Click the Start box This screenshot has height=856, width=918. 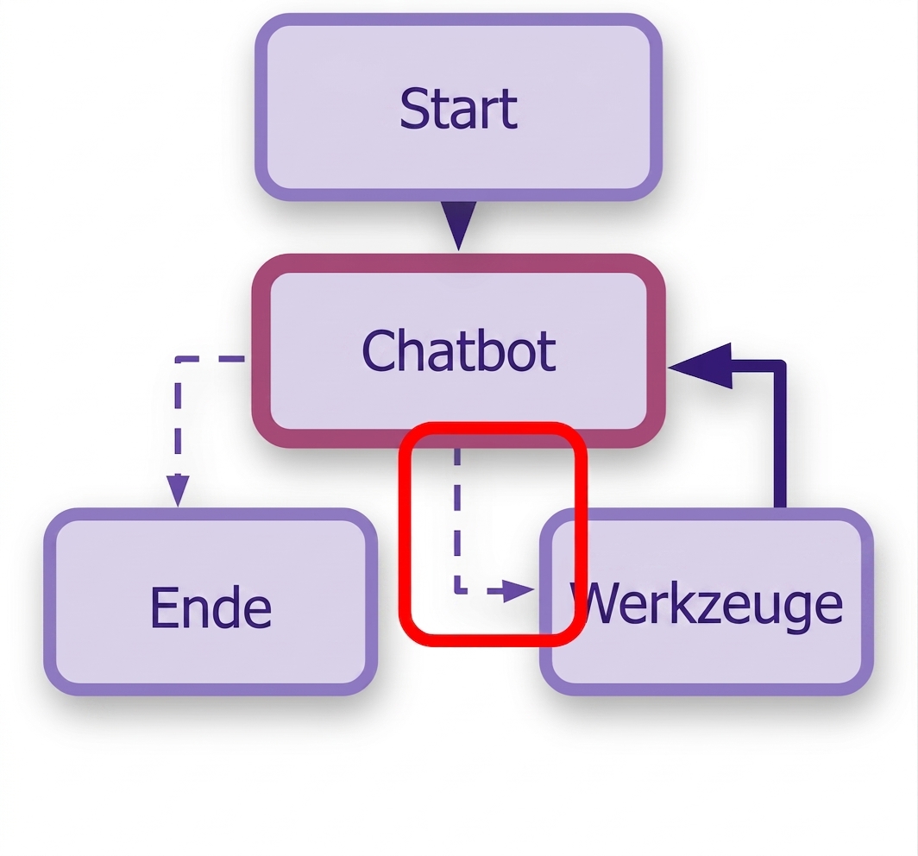(458, 107)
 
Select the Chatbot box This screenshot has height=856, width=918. (458, 350)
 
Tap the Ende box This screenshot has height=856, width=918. (211, 601)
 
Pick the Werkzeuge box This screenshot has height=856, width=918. (707, 601)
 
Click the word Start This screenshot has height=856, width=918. (458, 109)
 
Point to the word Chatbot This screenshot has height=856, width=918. (458, 350)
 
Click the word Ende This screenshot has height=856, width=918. (211, 607)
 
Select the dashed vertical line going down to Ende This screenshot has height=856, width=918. (178, 417)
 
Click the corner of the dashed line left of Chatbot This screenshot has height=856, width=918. (178, 358)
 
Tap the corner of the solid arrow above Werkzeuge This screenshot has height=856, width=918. (780, 366)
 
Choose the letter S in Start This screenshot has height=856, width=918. (413, 109)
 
